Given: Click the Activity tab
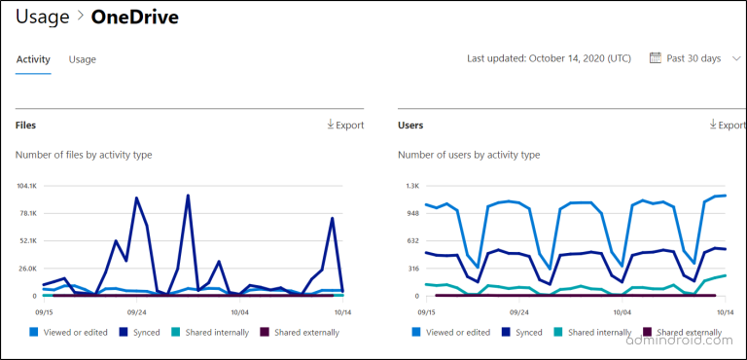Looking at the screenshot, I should [x=33, y=59].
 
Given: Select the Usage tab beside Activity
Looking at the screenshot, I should [x=83, y=59].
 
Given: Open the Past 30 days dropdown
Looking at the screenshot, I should [x=693, y=58].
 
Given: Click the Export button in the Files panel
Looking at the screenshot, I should [x=345, y=125].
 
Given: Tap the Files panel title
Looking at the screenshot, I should [x=26, y=125].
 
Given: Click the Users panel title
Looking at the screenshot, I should [x=410, y=125].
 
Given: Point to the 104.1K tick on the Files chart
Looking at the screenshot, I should [x=25, y=185].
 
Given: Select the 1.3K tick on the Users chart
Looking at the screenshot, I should [x=412, y=185].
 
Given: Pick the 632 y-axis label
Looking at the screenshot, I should [x=412, y=240].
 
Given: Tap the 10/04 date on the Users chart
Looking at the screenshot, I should [x=621, y=312].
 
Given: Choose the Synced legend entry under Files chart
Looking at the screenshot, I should [x=142, y=332].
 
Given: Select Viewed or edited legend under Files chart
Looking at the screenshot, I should [x=68, y=332].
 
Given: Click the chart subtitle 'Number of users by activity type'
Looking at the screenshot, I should [x=469, y=155].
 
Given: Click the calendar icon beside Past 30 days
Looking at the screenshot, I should [x=655, y=58].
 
